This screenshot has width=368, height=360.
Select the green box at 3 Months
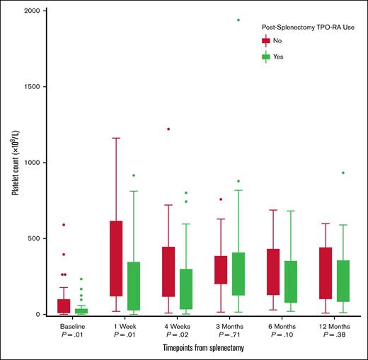coord(238,274)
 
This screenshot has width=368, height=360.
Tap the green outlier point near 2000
coord(238,20)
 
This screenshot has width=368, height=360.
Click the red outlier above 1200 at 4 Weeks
coord(168,129)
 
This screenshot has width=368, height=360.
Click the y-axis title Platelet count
coord(13,163)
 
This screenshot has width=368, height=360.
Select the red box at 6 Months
coord(272,272)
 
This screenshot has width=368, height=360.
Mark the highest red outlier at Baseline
coord(64,225)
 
